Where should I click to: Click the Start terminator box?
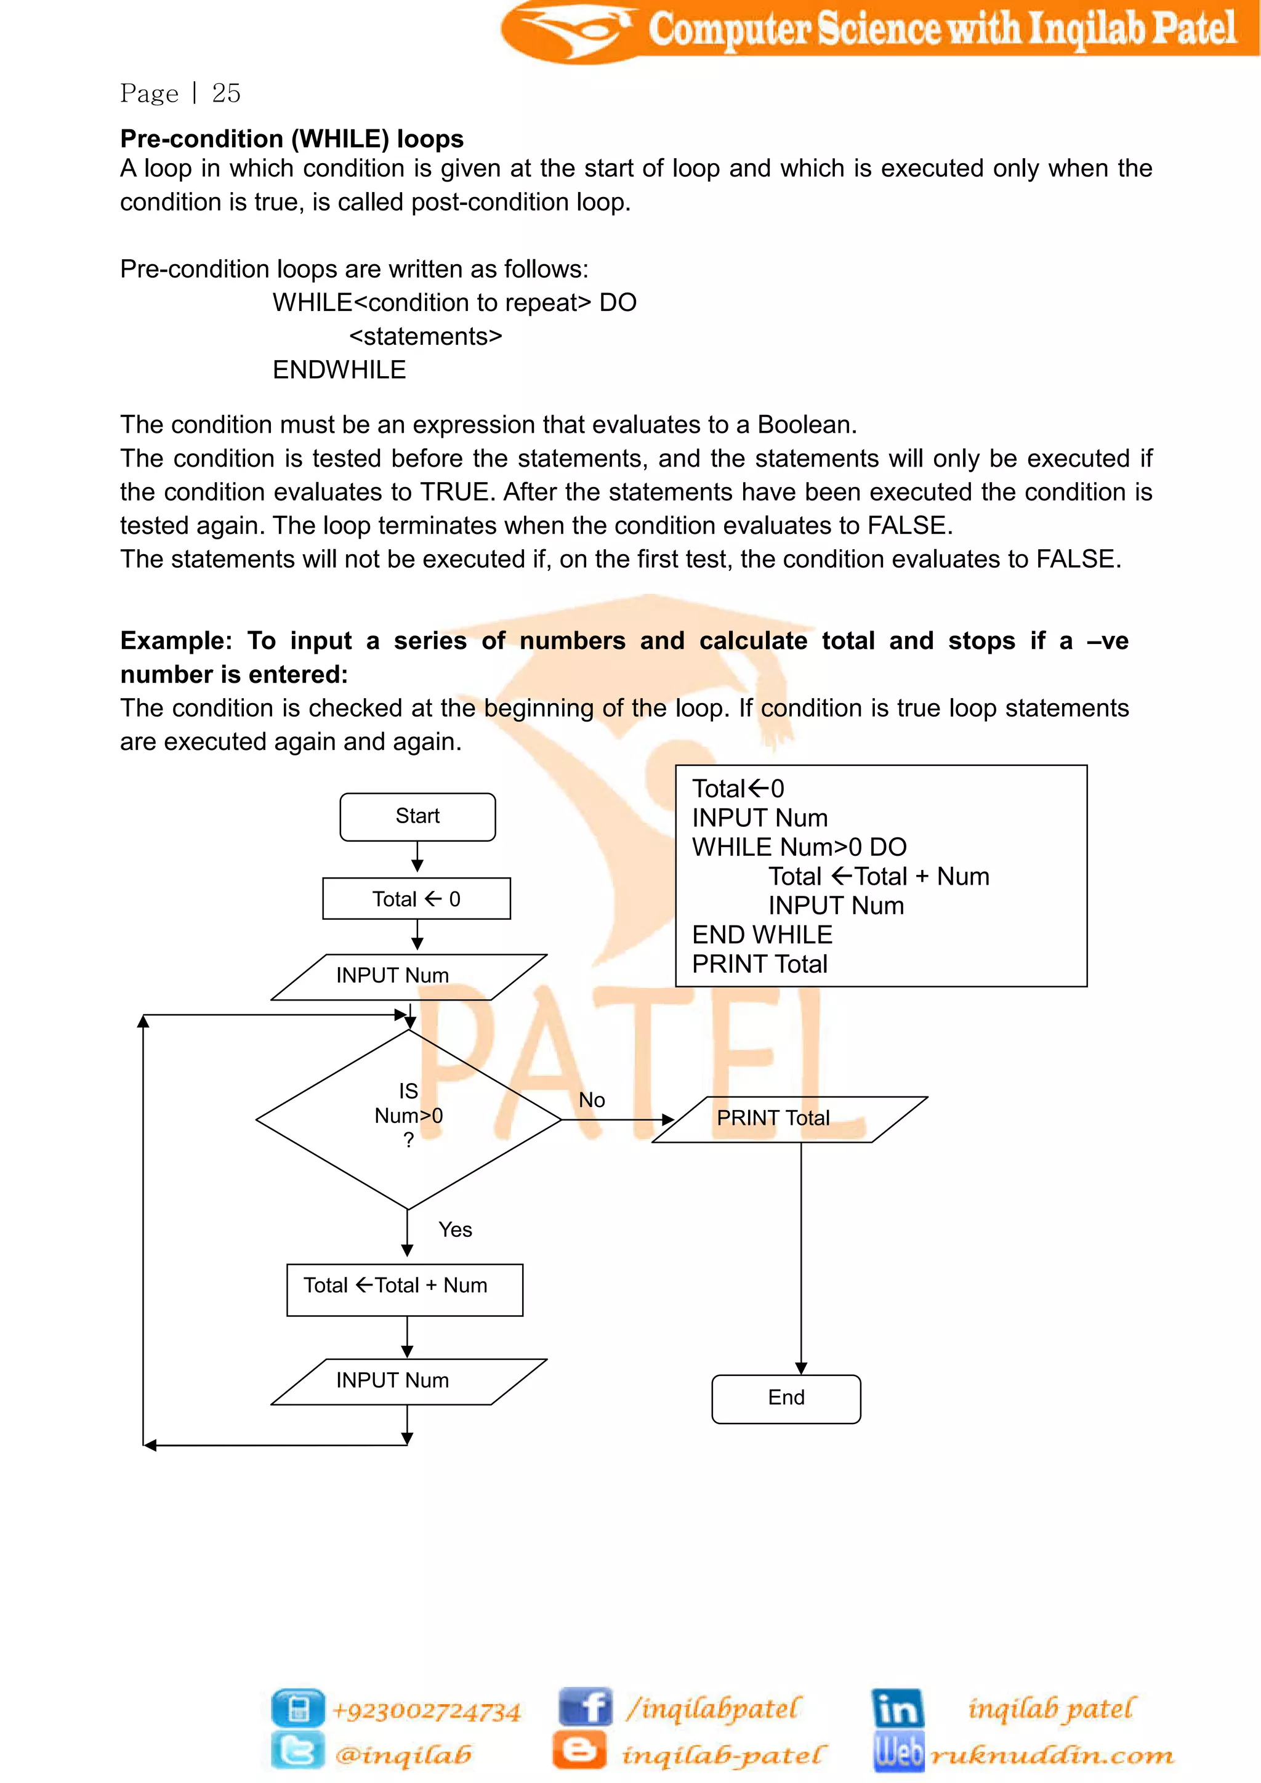pos(417,816)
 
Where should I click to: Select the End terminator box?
pos(786,1398)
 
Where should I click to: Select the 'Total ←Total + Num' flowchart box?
pos(405,1289)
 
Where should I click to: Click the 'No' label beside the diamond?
pos(592,1100)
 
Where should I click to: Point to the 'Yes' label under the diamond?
pos(455,1230)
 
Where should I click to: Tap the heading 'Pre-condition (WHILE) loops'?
pos(292,139)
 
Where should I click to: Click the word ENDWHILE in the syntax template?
pos(339,369)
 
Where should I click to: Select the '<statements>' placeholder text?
pos(425,336)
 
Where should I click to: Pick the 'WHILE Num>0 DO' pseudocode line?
pos(799,847)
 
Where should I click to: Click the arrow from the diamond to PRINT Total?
pos(618,1120)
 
